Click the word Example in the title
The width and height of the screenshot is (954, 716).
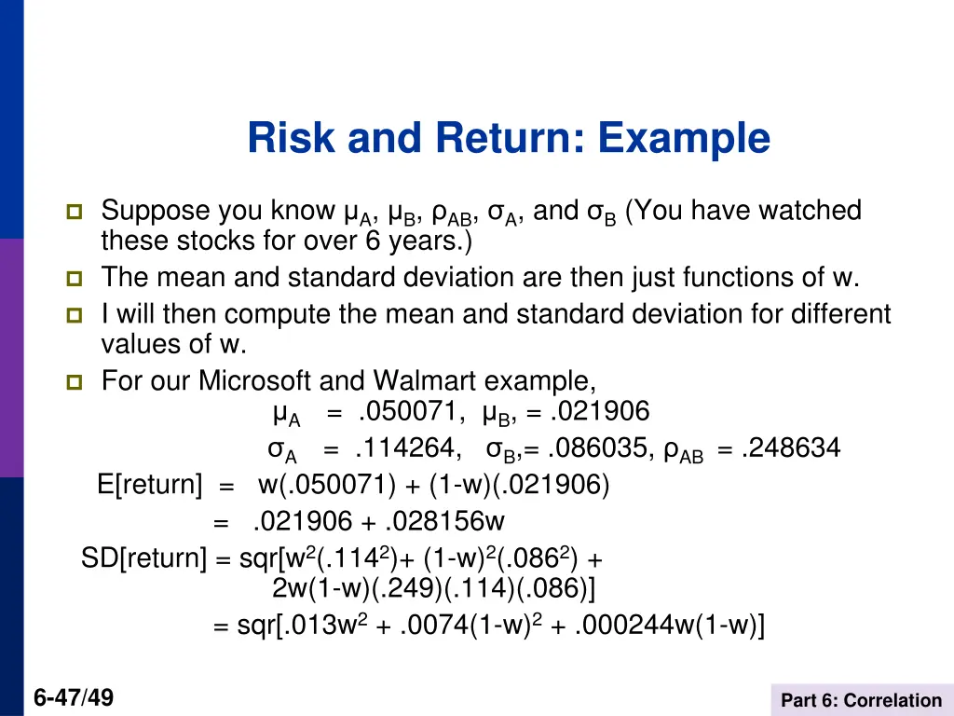click(684, 139)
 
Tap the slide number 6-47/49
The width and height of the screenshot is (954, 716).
click(74, 696)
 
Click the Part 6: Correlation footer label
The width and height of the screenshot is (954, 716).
click(861, 700)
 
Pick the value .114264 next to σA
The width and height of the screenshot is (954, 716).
click(407, 449)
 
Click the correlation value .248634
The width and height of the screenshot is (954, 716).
click(791, 449)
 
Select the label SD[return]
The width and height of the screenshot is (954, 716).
click(143, 558)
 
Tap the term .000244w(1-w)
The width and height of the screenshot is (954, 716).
click(670, 626)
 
